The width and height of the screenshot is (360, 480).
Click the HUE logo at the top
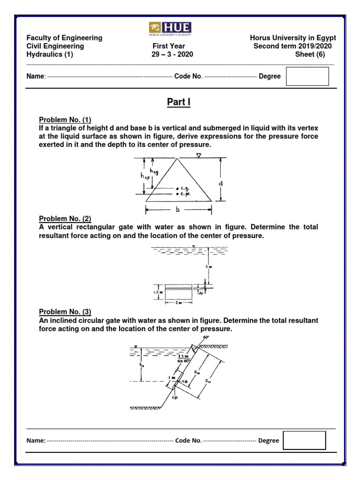click(172, 28)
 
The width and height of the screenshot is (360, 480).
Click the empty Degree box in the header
click(307, 76)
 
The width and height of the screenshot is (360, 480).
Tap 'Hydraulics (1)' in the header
click(50, 54)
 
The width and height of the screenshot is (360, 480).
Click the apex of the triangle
click(177, 158)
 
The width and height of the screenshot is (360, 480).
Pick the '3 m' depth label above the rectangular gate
click(209, 267)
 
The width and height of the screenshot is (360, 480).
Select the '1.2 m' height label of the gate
click(158, 292)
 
